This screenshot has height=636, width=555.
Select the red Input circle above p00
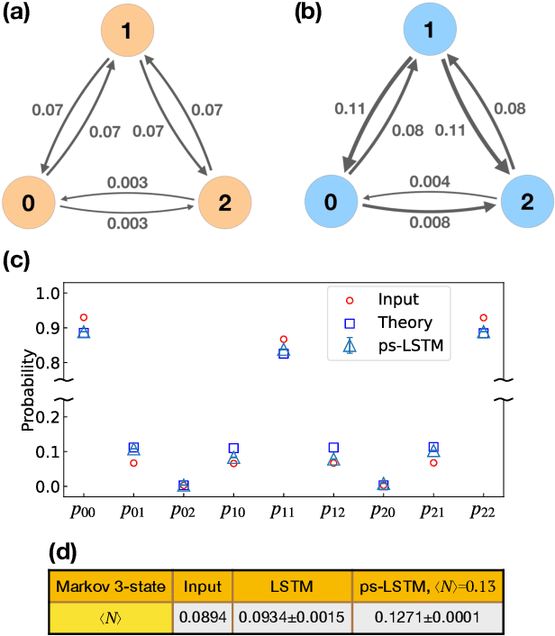tap(84, 318)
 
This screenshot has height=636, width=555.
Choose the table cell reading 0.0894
tap(202, 616)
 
